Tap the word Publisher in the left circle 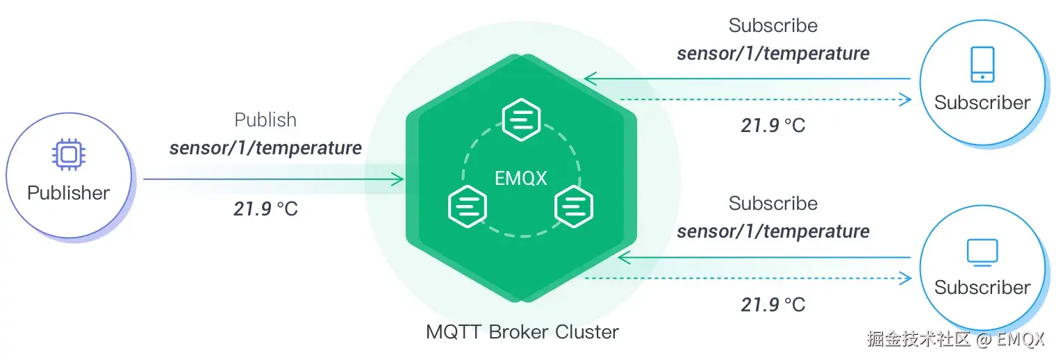click(68, 193)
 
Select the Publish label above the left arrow click(265, 120)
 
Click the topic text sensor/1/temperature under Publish click(265, 147)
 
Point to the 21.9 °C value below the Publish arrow click(265, 208)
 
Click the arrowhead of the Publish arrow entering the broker click(398, 179)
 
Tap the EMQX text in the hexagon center click(520, 178)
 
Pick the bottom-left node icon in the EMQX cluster click(468, 206)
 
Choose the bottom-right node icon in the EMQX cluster click(573, 206)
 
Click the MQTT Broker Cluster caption click(522, 332)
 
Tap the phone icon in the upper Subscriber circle click(982, 65)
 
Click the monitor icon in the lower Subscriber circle click(982, 251)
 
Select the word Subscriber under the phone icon click(982, 103)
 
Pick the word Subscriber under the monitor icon click(982, 287)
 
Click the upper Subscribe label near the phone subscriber click(773, 26)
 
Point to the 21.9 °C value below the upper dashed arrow click(773, 126)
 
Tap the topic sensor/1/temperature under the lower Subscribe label click(773, 231)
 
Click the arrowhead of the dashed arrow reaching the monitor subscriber click(905, 279)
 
